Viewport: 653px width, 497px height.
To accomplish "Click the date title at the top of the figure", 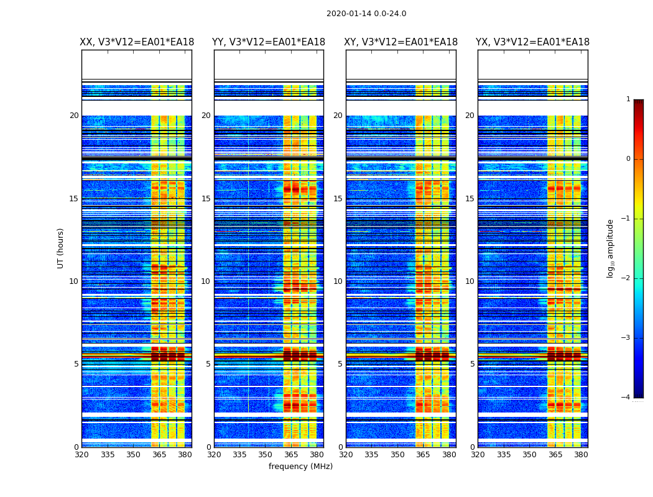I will pos(366,14).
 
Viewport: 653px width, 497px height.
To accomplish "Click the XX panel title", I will pos(137,42).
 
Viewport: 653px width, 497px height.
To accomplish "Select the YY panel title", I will pos(269,42).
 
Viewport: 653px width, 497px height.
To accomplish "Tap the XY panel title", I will pos(401,42).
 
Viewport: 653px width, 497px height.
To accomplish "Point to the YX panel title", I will pos(533,42).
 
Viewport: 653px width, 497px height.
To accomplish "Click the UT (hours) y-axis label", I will pos(61,248).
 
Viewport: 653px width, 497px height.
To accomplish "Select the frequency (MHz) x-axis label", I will pos(300,467).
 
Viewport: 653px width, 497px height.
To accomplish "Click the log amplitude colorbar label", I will pos(611,248).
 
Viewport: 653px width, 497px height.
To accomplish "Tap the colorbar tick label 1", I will pos(628,99).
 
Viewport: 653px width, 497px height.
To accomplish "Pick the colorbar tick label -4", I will pos(626,398).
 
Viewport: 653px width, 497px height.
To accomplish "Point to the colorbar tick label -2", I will pos(626,278).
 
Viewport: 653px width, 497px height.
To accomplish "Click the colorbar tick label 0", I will pos(628,159).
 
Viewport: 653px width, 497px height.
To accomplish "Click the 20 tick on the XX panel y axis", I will pos(74,116).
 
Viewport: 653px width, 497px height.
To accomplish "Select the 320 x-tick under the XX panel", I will pos(81,455).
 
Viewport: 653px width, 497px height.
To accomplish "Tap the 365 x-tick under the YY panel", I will pos(291,455).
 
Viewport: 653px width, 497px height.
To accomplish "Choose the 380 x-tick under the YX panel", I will pos(581,455).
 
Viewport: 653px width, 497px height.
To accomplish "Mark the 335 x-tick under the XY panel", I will pos(372,455).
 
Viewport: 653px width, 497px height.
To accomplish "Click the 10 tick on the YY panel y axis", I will pos(206,281).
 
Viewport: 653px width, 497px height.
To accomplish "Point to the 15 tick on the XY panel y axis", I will pos(338,199).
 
